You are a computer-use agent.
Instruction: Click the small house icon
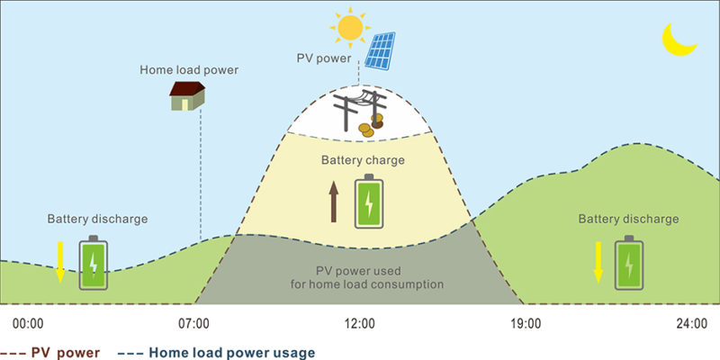click(x=187, y=94)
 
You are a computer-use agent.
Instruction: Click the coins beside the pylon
click(x=367, y=130)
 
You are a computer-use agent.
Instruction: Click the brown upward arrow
click(x=333, y=201)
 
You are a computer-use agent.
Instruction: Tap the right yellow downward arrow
click(x=597, y=261)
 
